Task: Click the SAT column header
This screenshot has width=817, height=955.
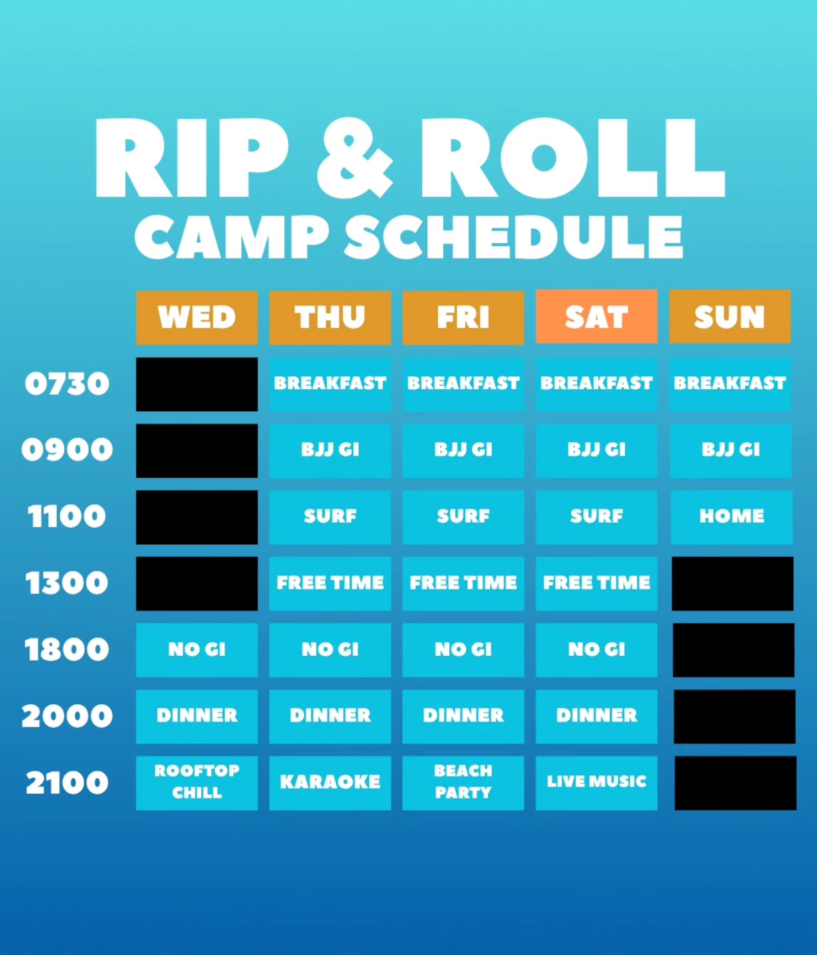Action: point(596,317)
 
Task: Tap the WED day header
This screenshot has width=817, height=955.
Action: point(197,318)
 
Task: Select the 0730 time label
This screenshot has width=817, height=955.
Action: point(67,384)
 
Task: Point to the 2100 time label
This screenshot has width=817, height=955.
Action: point(67,783)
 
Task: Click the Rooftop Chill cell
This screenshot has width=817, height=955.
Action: point(197,783)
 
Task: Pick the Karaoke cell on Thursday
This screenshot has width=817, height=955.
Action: point(330,783)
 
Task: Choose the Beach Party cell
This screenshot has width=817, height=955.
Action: point(463,783)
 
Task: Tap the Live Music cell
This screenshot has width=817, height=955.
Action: point(596,783)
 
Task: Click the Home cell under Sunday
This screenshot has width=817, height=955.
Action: point(731,517)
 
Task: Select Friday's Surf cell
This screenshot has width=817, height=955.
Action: point(463,517)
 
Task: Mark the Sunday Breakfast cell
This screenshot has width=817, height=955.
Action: point(730,384)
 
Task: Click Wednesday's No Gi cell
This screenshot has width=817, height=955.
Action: point(197,650)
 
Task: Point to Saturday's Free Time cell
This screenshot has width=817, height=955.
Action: point(596,583)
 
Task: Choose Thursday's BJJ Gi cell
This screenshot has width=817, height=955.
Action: point(330,450)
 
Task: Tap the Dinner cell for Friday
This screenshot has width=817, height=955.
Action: point(463,716)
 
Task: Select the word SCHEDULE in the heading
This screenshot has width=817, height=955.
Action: point(514,237)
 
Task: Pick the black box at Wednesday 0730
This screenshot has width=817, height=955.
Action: point(197,384)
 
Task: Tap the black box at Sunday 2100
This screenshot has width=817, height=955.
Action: point(735,783)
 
